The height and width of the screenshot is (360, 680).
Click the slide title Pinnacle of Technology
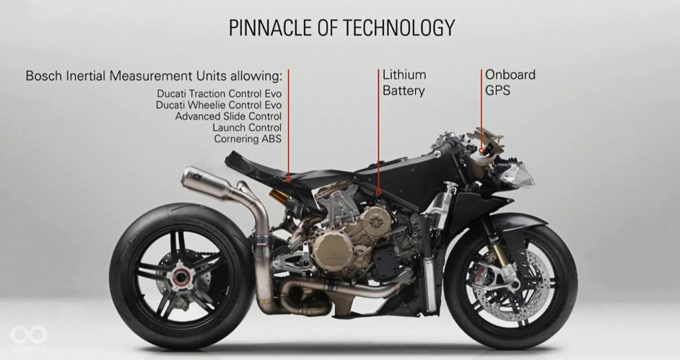click(341, 28)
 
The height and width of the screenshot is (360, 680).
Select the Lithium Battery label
click(404, 83)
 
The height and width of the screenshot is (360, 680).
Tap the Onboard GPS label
click(510, 83)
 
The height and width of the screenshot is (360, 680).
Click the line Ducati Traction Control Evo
click(219, 94)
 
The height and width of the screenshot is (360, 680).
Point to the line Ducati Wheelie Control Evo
click(218, 105)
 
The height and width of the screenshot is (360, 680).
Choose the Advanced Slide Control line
click(228, 116)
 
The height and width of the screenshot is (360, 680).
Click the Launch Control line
click(247, 128)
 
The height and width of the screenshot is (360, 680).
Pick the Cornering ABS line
click(248, 139)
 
